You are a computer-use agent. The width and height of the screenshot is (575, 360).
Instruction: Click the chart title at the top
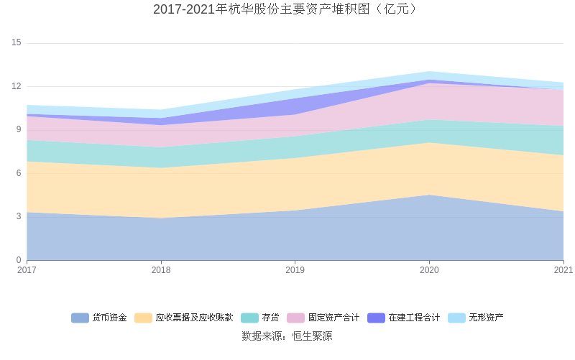click(x=287, y=9)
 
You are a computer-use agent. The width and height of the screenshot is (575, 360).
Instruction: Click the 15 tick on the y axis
click(x=17, y=43)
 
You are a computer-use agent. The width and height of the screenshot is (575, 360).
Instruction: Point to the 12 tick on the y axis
click(x=17, y=86)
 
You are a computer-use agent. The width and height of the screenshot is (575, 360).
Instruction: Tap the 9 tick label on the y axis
click(x=19, y=130)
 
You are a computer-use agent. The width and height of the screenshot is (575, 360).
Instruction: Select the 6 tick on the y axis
click(x=19, y=173)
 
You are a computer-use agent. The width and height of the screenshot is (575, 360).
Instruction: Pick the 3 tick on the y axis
click(x=19, y=216)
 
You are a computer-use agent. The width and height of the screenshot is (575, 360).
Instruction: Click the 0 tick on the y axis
click(x=19, y=260)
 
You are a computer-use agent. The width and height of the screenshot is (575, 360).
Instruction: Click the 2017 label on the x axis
click(x=27, y=270)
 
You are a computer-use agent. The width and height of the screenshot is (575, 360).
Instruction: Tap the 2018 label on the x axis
click(x=161, y=270)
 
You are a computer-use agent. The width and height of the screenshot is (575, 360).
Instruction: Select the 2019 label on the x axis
click(x=295, y=270)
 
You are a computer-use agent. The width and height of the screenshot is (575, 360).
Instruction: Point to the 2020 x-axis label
click(x=429, y=270)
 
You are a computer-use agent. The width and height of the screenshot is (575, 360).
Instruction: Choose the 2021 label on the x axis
click(x=563, y=270)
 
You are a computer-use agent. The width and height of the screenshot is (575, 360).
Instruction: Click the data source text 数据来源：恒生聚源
click(x=287, y=336)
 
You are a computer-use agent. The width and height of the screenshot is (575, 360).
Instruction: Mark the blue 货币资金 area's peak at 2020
click(x=429, y=195)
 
